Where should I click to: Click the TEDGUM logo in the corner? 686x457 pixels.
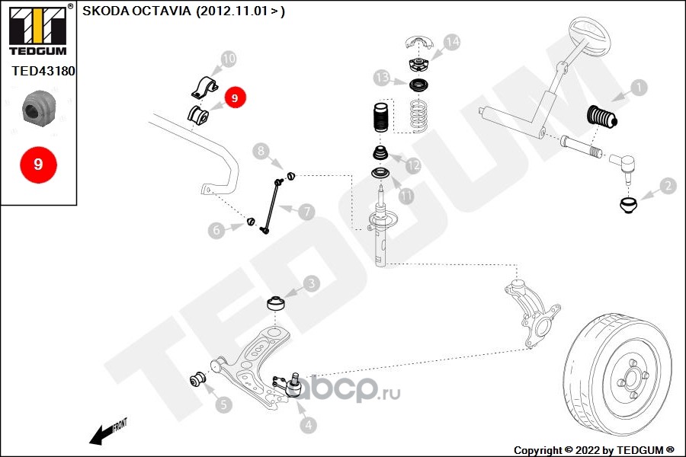coord(38,30)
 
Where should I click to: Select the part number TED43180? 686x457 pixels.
coord(43,71)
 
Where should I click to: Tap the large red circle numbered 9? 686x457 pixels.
coord(39,165)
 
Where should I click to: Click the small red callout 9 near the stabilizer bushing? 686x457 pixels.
coord(235,97)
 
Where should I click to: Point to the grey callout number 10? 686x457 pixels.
coord(229,59)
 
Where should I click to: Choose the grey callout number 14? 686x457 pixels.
coord(452,42)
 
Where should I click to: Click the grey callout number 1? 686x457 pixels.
coord(640,88)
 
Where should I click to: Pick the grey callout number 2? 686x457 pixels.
coord(668,186)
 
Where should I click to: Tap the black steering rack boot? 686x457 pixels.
coord(601,117)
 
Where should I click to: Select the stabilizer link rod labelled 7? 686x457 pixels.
coord(271,206)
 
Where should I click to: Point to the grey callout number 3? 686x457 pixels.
coord(312,283)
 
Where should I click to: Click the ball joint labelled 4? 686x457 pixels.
coord(290,384)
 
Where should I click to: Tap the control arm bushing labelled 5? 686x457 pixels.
coord(199,379)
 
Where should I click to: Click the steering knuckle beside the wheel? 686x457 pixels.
coord(531,313)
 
